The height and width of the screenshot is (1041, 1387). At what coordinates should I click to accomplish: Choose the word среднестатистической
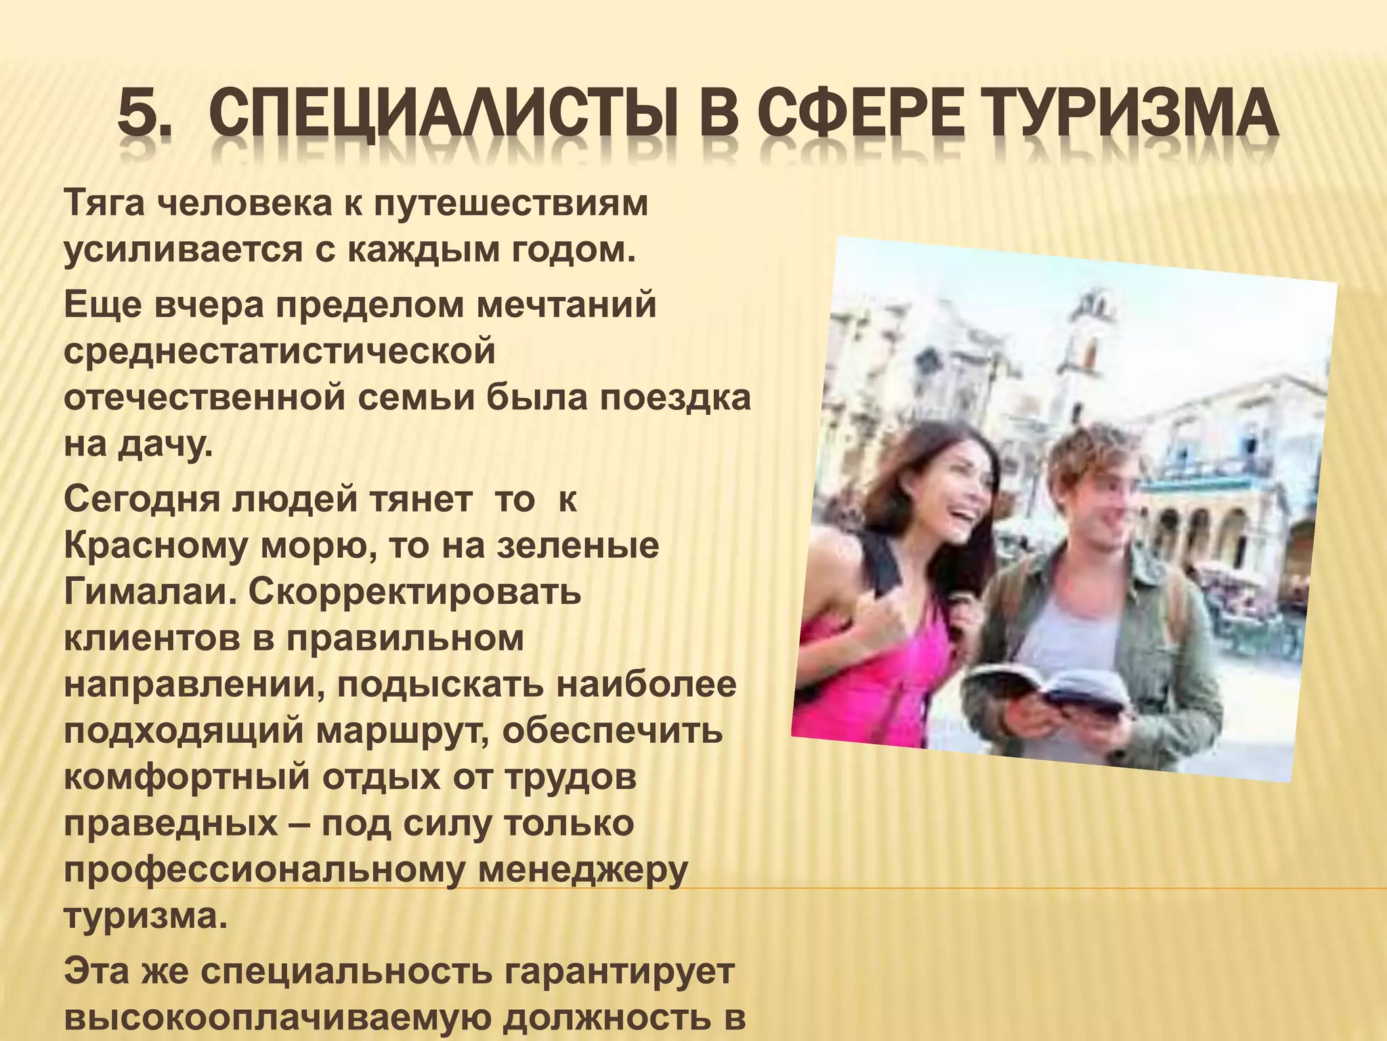279,352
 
